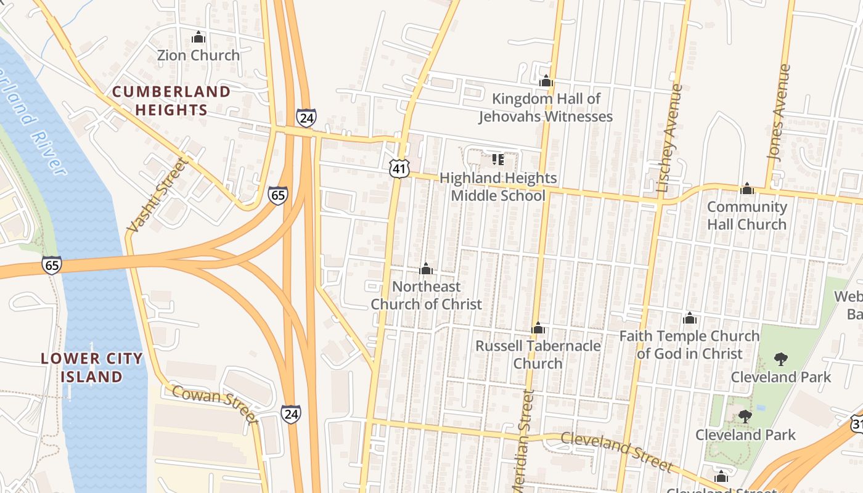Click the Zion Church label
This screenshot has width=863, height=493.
click(x=198, y=55)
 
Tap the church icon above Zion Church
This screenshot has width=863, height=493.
click(x=198, y=38)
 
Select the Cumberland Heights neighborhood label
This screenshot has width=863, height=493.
click(x=171, y=101)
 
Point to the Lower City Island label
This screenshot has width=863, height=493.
click(x=92, y=367)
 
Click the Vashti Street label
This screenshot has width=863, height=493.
click(x=157, y=195)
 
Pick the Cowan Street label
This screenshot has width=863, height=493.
click(x=214, y=404)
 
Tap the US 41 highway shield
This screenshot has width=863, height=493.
click(x=399, y=168)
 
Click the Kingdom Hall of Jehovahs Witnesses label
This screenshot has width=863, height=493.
click(x=546, y=108)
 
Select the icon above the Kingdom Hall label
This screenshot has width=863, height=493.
click(x=546, y=81)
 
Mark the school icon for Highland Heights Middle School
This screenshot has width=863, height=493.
click(x=498, y=160)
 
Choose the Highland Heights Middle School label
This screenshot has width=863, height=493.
click(x=498, y=187)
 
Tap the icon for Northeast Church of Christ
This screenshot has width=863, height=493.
click(x=426, y=269)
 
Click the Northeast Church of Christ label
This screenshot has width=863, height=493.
click(x=426, y=295)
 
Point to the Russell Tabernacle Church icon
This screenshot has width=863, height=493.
click(x=538, y=328)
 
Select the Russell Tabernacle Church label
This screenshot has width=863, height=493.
click(x=538, y=354)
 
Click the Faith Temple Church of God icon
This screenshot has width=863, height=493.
click(x=690, y=318)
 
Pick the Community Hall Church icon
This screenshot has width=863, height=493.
click(x=747, y=189)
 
